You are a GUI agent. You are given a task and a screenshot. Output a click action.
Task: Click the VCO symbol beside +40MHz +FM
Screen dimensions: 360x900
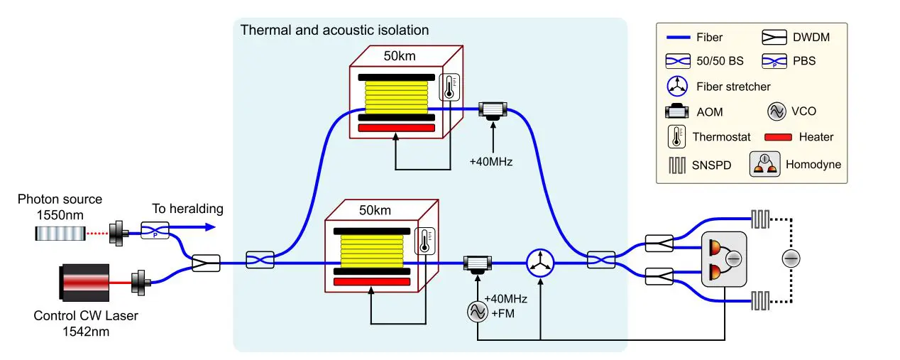pyautogui.click(x=476, y=310)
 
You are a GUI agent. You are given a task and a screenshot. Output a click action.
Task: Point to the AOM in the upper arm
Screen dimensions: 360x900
pyautogui.click(x=491, y=110)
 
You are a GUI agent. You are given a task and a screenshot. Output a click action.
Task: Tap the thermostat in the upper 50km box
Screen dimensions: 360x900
pyautogui.click(x=449, y=87)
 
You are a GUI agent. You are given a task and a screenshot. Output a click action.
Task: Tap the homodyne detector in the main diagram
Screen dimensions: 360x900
pyautogui.click(x=723, y=259)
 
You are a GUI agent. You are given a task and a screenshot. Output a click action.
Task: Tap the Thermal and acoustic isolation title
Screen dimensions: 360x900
pyautogui.click(x=334, y=30)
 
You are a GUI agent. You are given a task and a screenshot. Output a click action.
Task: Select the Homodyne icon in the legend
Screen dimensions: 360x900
pyautogui.click(x=766, y=165)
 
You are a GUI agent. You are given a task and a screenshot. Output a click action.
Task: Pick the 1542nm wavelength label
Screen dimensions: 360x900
pyautogui.click(x=86, y=330)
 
